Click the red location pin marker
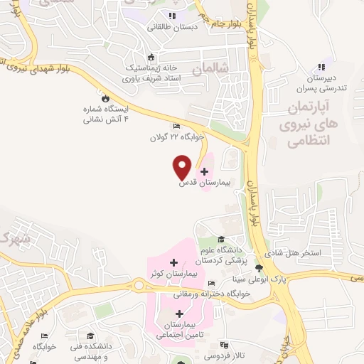point(182,166)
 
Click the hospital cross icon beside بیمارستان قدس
point(205,171)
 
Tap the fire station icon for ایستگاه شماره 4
point(107,98)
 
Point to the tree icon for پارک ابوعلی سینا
point(258,269)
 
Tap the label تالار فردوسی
point(225,353)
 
